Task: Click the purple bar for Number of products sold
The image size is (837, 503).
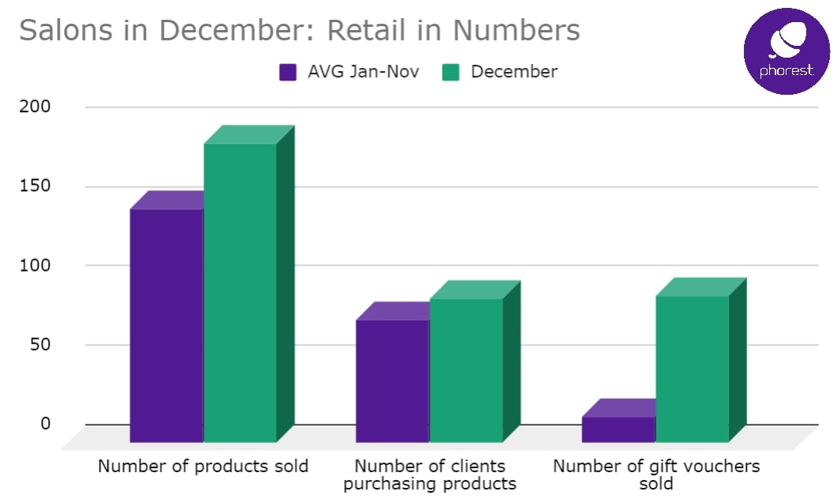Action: (166, 325)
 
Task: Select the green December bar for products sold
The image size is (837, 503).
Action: (240, 292)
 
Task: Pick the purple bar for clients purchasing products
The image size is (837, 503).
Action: (392, 380)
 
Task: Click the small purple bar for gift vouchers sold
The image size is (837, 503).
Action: (618, 429)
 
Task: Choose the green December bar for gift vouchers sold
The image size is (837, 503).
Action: (692, 368)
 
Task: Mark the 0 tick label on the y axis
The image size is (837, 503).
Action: (45, 423)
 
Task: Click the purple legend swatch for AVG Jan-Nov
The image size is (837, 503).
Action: (288, 73)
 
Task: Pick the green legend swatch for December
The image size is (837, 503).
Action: (451, 73)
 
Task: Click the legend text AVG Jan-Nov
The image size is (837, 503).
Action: (364, 72)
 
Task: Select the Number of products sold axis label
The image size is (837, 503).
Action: (203, 466)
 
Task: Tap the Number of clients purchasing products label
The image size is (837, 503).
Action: (430, 475)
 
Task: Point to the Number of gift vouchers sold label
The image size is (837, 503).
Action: (656, 475)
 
